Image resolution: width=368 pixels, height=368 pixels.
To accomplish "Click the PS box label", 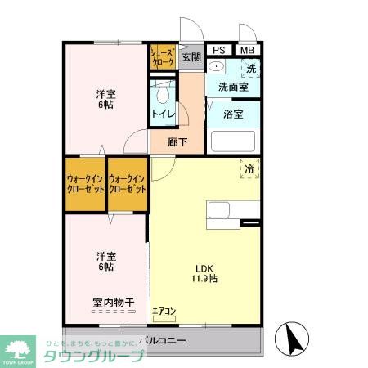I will [218, 49].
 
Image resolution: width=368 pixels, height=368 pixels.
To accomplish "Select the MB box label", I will [246, 49].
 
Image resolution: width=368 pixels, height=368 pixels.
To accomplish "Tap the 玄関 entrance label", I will [191, 57].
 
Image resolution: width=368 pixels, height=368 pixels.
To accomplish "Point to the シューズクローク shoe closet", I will [162, 58].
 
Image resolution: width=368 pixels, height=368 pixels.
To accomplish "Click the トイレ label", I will [162, 114].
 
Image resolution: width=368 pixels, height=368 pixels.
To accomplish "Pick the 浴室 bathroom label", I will [234, 114].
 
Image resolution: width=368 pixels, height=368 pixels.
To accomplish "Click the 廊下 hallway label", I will [178, 141].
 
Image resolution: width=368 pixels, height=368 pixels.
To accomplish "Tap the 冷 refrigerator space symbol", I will [249, 168].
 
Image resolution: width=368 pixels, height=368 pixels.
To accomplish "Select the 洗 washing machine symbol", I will [250, 68].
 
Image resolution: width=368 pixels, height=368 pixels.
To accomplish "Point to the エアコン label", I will [164, 311].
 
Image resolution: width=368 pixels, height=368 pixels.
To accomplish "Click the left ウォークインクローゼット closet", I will [85, 184].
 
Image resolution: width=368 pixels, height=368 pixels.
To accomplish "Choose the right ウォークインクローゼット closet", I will [128, 184].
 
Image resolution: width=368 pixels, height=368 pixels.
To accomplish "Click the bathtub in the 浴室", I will [234, 141].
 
